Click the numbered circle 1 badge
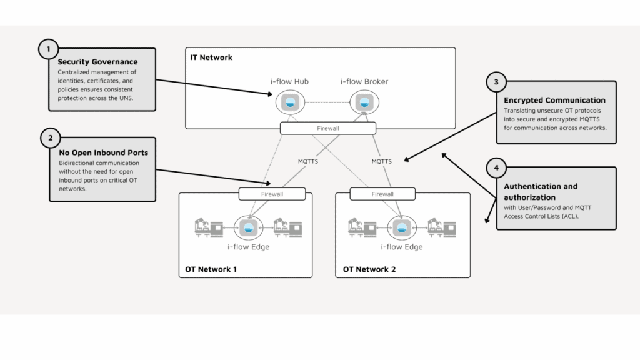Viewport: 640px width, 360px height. coord(49,49)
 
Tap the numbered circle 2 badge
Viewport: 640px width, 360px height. coord(51,138)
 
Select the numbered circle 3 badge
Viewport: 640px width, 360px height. coord(496,82)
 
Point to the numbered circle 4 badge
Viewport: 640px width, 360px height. coord(496,168)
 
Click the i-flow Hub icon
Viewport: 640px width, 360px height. coord(289,102)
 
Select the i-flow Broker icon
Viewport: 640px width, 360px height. coord(361,102)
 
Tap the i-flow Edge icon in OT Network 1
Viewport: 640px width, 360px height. coord(247,228)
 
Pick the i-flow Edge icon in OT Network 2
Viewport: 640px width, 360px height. coord(401,228)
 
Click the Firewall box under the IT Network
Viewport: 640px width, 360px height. coord(328,128)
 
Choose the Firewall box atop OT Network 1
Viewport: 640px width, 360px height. coord(272,194)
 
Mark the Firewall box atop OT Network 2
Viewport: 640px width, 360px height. coord(382,194)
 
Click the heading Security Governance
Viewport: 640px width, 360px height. coord(97,62)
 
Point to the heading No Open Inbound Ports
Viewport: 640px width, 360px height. coord(103,152)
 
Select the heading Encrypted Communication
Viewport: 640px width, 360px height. coord(554,100)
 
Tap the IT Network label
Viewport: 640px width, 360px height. coord(211,57)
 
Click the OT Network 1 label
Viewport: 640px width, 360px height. coord(211,270)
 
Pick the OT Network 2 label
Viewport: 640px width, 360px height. coord(369,270)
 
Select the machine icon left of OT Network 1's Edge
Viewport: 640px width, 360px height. coord(208,229)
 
